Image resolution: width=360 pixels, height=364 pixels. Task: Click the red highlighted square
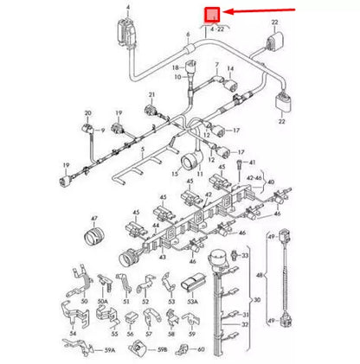click(x=210, y=15)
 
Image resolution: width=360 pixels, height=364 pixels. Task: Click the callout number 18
click(x=173, y=67)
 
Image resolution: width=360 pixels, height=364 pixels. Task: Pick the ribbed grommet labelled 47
click(x=92, y=236)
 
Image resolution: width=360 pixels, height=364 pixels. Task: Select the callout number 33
click(x=245, y=256)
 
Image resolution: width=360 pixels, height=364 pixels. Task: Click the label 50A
click(x=102, y=303)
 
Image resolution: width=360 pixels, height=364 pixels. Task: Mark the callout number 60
click(x=201, y=350)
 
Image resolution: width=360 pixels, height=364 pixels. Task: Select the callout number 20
click(x=87, y=113)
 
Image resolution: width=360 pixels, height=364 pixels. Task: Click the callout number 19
click(x=66, y=163)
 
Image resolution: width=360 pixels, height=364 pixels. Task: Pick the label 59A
click(x=109, y=351)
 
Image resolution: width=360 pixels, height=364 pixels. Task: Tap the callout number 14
click(x=229, y=68)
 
